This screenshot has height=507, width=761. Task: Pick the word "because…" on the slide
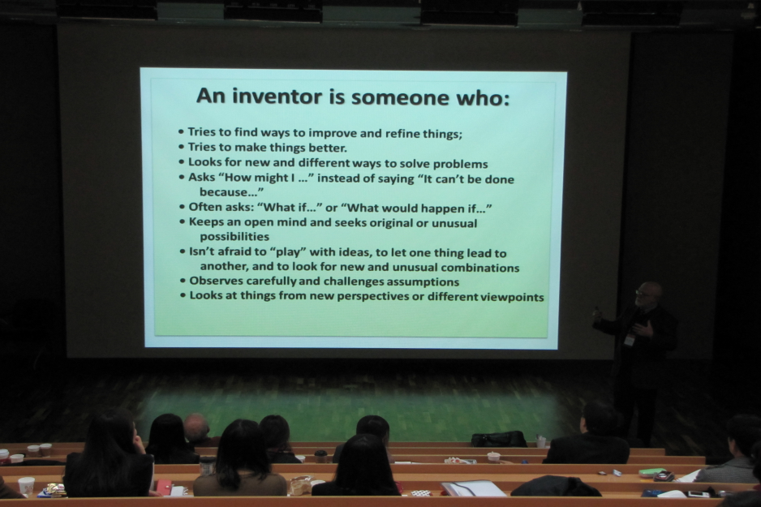(231, 191)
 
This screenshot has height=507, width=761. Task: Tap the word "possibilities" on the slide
(234, 237)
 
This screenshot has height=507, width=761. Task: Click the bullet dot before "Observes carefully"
(183, 281)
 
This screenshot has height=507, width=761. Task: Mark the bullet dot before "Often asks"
(183, 207)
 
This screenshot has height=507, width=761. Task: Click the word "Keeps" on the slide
(205, 222)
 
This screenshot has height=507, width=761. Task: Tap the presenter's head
(648, 294)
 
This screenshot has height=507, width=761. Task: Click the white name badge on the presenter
(630, 339)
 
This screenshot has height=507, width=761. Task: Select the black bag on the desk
(499, 439)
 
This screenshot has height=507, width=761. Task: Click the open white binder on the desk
(473, 488)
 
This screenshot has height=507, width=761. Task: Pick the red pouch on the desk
(163, 487)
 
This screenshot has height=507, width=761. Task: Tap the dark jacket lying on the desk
(555, 486)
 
